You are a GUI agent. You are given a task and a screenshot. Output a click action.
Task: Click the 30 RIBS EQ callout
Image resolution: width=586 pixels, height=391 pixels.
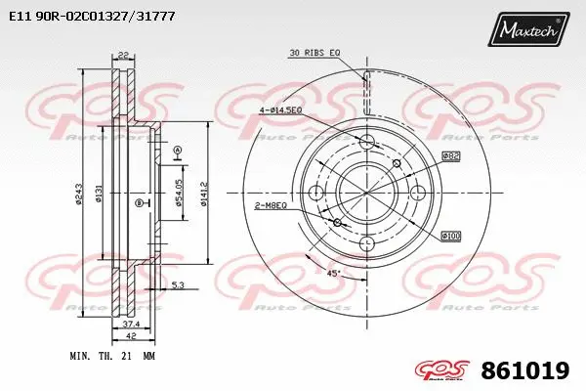315,52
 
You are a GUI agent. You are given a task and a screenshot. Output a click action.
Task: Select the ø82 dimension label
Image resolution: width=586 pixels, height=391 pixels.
450,155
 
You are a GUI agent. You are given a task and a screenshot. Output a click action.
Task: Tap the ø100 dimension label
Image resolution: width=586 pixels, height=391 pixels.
450,236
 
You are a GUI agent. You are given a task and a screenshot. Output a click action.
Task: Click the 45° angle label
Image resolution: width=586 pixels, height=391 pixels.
334,274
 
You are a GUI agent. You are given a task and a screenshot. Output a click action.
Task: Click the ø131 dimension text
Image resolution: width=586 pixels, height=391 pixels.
100,194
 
